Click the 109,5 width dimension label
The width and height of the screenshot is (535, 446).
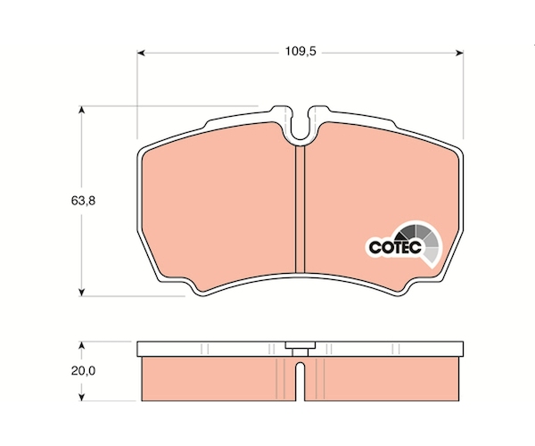click(301, 52)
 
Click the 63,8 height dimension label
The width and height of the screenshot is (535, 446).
click(83, 201)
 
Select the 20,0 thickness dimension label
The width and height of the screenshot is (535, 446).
click(83, 370)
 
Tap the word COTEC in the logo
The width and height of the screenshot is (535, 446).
click(395, 247)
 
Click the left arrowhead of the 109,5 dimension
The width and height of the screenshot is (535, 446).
click(141, 53)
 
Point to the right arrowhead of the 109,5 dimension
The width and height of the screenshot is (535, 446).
click(459, 53)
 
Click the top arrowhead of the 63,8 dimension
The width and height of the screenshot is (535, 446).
click(81, 110)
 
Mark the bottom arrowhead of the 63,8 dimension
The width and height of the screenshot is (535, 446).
click(81, 292)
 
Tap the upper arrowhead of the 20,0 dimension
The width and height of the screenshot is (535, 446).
click(81, 345)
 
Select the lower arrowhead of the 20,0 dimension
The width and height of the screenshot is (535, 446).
click(81, 397)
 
